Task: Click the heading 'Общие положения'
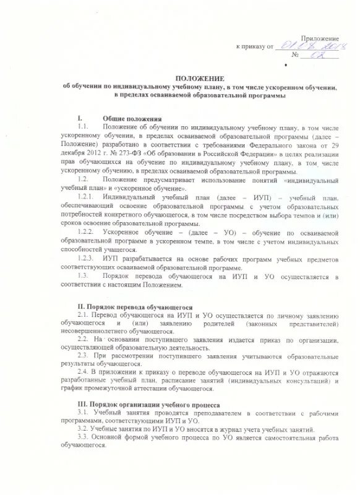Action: click(x=132, y=118)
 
